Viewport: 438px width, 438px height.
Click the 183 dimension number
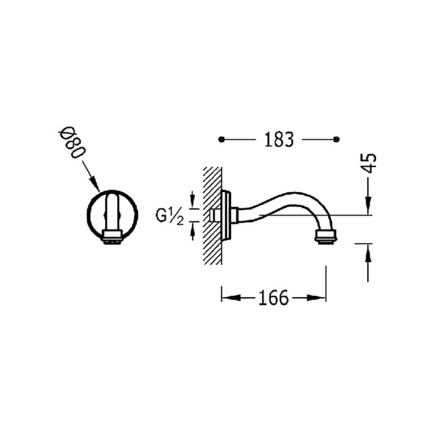pyautogui.click(x=279, y=140)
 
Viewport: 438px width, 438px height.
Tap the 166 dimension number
pyautogui.click(x=273, y=298)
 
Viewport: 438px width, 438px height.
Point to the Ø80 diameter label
pyautogui.click(x=72, y=142)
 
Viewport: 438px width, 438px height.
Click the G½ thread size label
pyautogui.click(x=170, y=216)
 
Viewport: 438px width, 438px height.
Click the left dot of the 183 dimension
pyautogui.click(x=222, y=139)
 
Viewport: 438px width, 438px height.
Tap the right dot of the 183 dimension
pyautogui.click(x=337, y=139)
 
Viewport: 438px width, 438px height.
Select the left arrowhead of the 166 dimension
pyautogui.click(x=230, y=297)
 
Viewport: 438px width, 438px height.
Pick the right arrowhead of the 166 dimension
pyautogui.click(x=316, y=298)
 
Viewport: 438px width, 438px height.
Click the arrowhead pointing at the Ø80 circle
pyautogui.click(x=95, y=184)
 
